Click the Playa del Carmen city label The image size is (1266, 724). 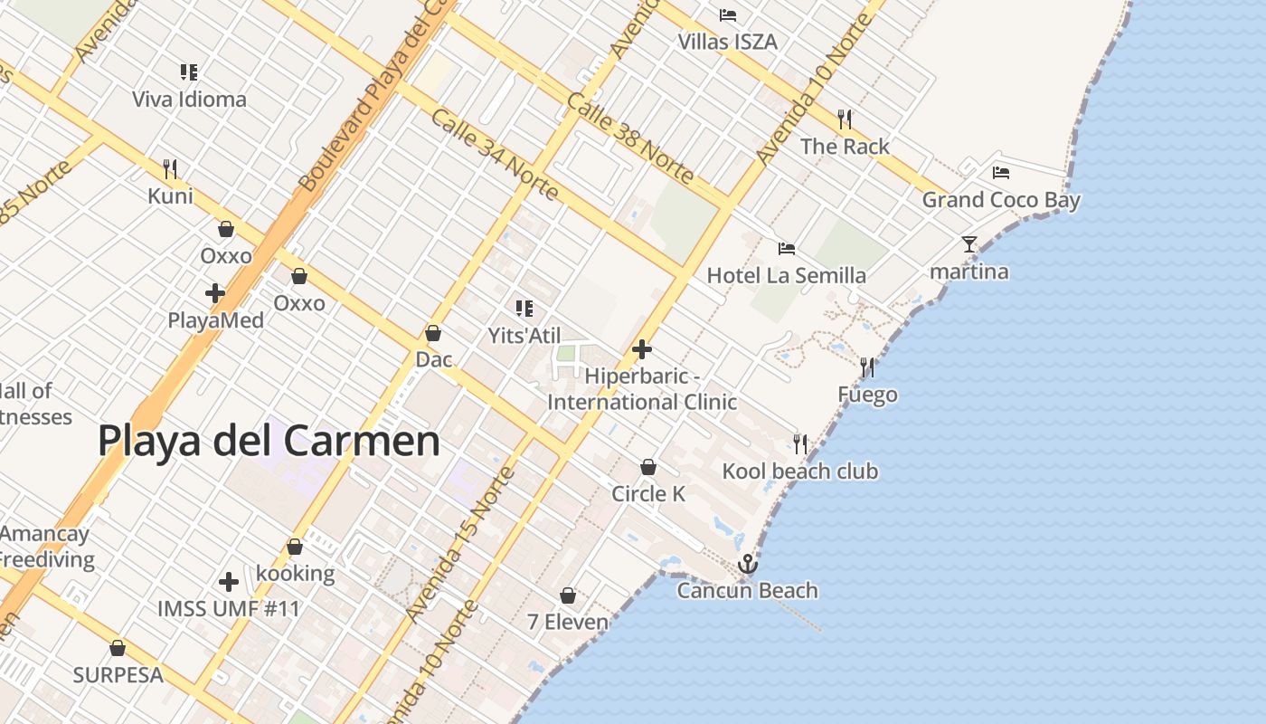tap(269, 442)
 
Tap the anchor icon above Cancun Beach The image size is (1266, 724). tap(747, 565)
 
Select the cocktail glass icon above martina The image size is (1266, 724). tap(969, 243)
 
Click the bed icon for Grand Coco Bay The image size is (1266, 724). tap(1000, 172)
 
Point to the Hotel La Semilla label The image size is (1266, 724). tap(786, 275)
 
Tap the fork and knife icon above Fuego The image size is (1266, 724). tap(867, 367)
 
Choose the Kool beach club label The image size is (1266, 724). tap(799, 471)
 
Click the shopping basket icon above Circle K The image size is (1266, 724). tap(647, 467)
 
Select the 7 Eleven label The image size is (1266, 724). tap(567, 622)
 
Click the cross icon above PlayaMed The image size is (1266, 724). tap(215, 293)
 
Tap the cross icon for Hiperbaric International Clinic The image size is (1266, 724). tap(642, 349)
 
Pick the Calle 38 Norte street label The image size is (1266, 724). tap(630, 138)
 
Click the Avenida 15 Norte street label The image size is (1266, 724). tap(459, 545)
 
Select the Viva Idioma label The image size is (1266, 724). tap(189, 99)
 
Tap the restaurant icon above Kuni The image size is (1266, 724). tap(169, 168)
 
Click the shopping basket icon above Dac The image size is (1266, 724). tap(433, 333)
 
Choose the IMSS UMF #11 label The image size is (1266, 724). tap(228, 608)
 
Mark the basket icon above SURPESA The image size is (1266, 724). tap(117, 648)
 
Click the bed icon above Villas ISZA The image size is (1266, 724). tap(727, 14)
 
